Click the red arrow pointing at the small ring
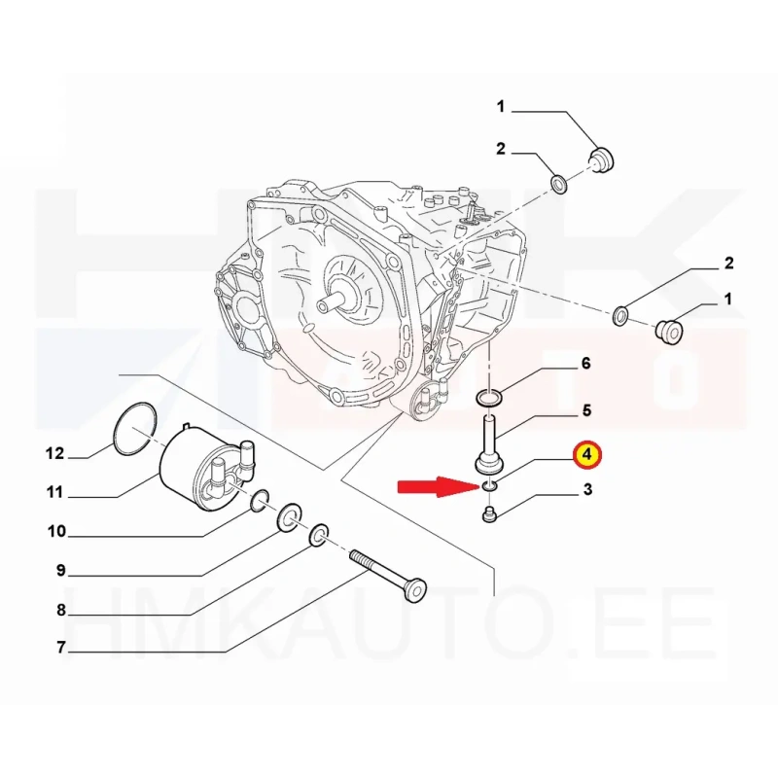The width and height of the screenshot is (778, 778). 438,487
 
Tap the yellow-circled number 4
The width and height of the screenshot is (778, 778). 587,454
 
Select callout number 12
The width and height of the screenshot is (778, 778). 55,453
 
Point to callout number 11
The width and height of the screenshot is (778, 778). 55,492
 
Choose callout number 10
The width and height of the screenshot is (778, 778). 56,531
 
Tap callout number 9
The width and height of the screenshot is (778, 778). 61,571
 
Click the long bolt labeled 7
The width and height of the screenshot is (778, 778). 388,576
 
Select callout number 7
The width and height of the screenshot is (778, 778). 61,648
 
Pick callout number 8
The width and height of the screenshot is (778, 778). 61,610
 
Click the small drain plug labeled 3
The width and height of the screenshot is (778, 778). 489,514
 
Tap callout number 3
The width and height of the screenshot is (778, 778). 587,490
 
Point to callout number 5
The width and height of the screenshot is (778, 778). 587,410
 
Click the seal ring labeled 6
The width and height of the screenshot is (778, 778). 489,398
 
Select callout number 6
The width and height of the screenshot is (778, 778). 586,364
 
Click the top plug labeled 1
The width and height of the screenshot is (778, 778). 601,159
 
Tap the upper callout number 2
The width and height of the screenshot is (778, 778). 500,149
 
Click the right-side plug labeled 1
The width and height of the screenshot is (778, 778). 669,332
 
